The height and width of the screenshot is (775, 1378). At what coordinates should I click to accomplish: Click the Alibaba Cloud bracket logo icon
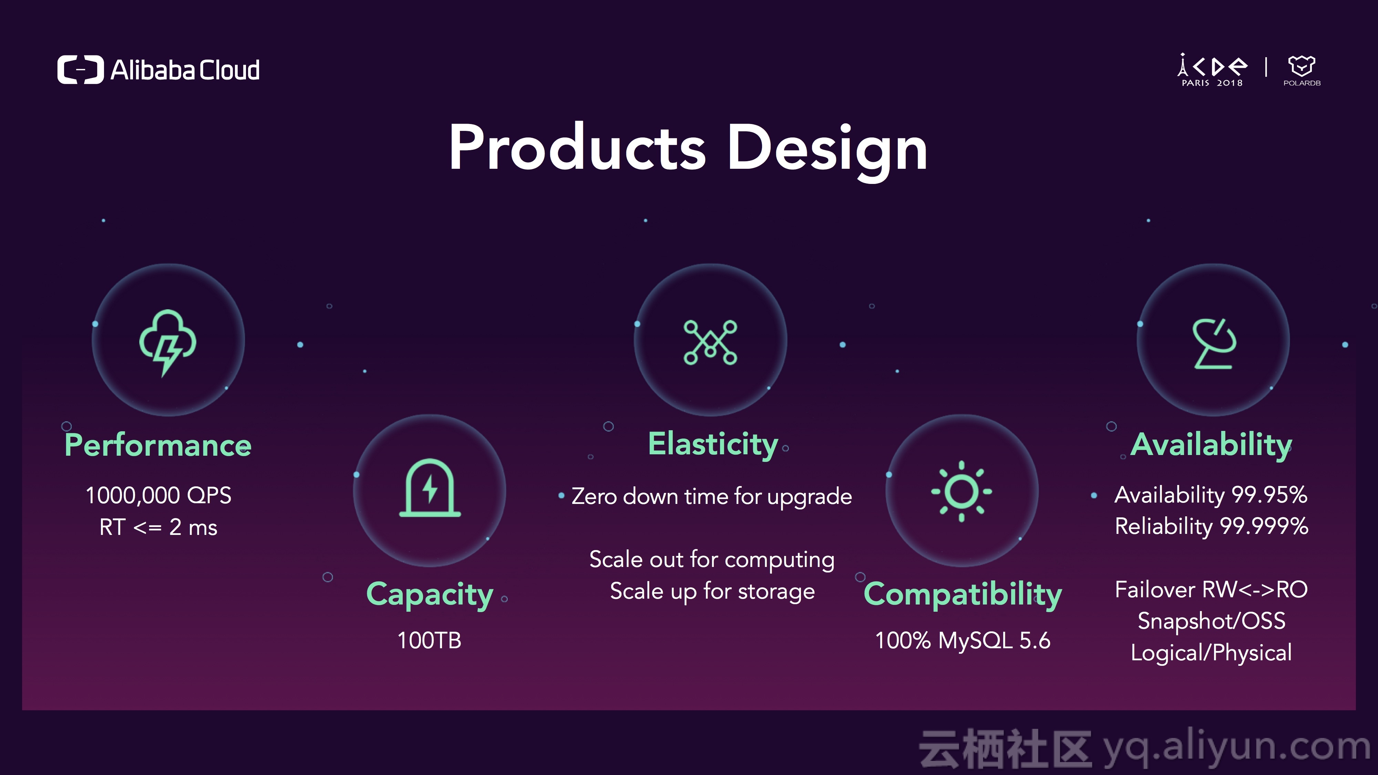pyautogui.click(x=80, y=70)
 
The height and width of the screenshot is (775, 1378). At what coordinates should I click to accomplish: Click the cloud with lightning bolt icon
pyautogui.click(x=167, y=342)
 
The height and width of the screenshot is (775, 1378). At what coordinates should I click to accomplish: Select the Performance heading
pyautogui.click(x=158, y=445)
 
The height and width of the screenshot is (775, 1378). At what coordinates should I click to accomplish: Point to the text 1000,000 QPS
pyautogui.click(x=158, y=495)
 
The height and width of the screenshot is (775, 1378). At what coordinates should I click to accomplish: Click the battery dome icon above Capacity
pyautogui.click(x=430, y=488)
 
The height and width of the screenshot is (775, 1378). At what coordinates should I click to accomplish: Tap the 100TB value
pyautogui.click(x=429, y=640)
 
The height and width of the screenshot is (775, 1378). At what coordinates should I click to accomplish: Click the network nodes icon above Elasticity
pyautogui.click(x=710, y=342)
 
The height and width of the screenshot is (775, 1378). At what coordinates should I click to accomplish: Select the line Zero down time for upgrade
pyautogui.click(x=711, y=496)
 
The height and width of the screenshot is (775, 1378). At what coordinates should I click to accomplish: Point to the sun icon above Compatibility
pyautogui.click(x=961, y=491)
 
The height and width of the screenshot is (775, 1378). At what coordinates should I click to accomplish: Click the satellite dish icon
pyautogui.click(x=1214, y=343)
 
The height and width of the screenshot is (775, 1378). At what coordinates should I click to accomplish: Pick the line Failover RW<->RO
pyautogui.click(x=1212, y=589)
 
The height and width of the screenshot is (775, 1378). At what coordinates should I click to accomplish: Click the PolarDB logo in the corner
pyautogui.click(x=1302, y=71)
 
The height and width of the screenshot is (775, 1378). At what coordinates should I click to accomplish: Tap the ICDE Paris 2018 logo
pyautogui.click(x=1212, y=70)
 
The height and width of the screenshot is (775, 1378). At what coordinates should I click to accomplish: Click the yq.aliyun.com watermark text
pyautogui.click(x=1237, y=748)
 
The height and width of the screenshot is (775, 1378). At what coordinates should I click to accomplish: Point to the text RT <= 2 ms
pyautogui.click(x=158, y=527)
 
